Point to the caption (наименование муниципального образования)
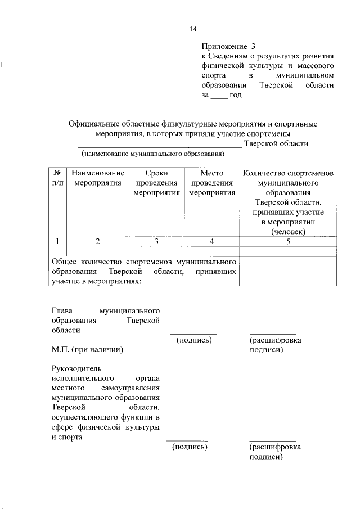pos(153,154)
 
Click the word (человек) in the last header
pos(288,231)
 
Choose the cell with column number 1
pos(58,241)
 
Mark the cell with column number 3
pos(156,241)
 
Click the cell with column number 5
pos(288,241)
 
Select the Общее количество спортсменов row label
pos(144,271)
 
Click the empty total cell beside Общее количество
pos(288,271)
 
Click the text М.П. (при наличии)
pos(87,350)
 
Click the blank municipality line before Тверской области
pos(163,144)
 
